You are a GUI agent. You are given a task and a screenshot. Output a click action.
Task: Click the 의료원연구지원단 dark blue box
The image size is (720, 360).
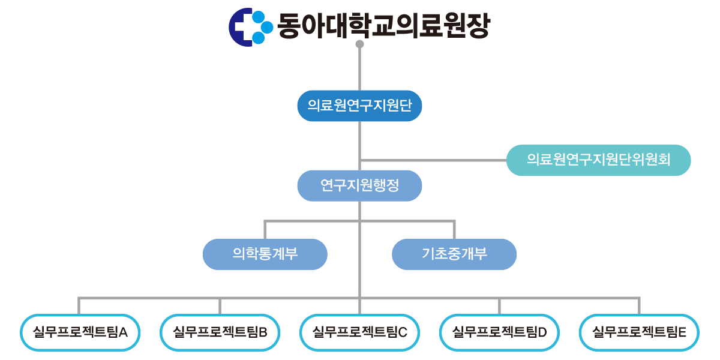(359, 106)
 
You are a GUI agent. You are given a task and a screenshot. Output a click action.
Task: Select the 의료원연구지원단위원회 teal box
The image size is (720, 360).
(598, 160)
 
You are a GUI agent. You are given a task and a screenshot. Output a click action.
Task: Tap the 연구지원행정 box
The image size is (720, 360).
(359, 185)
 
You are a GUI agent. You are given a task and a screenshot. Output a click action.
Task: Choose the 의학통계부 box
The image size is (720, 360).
(265, 254)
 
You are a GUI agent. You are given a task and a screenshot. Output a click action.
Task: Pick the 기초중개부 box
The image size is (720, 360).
(454, 254)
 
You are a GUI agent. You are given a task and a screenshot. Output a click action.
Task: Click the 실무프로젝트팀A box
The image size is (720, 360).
(80, 332)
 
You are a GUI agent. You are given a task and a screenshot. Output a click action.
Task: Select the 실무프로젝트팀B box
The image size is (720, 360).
(220, 332)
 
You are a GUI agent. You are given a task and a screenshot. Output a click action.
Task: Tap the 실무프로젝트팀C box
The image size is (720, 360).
(359, 332)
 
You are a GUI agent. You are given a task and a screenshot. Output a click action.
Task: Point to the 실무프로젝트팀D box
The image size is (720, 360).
(499, 332)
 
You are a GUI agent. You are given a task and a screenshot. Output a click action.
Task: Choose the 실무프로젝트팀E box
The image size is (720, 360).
(639, 332)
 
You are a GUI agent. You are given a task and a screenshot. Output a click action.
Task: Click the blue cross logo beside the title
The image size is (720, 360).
(247, 26)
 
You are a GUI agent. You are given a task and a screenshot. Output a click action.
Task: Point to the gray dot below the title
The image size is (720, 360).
(359, 44)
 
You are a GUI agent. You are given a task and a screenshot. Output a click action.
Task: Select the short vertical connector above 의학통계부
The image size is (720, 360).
(265, 230)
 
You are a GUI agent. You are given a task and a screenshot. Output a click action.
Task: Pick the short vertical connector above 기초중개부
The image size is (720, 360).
(454, 230)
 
